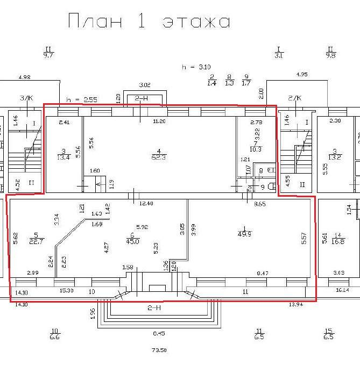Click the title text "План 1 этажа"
149,21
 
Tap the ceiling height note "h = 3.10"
196,67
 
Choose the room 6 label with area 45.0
132,238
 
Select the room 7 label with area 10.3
255,146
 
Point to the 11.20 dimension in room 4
159,122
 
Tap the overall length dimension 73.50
158,350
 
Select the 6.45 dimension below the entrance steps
158,333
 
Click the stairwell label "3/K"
25,98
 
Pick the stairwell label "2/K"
294,98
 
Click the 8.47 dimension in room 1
263,274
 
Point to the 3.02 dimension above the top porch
145,85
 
